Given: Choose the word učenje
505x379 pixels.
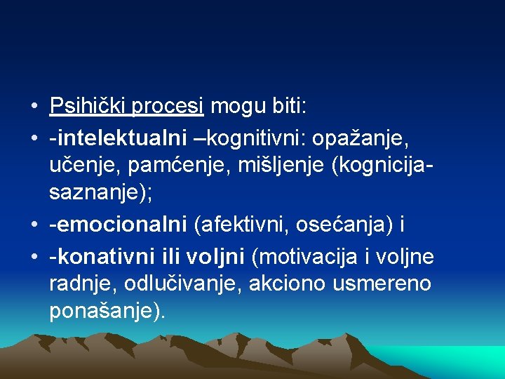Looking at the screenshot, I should click(x=79, y=166).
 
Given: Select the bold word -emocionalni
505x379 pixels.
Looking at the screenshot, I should click(x=118, y=226).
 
